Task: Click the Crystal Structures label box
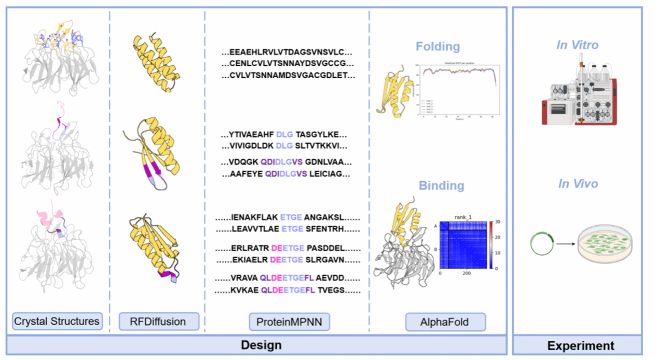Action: [x=57, y=321]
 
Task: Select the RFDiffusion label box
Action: [x=159, y=322]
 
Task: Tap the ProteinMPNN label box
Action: [x=289, y=322]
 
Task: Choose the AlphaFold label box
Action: [x=445, y=322]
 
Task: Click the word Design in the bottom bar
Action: [x=261, y=345]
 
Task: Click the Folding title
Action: [x=437, y=47]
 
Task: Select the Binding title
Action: [x=442, y=185]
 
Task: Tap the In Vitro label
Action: [x=577, y=45]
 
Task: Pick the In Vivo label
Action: [x=578, y=184]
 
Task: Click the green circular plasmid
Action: [x=541, y=243]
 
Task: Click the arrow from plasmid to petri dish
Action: [x=565, y=243]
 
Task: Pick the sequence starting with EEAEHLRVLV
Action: [x=287, y=52]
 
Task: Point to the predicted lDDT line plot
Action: [x=460, y=89]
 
